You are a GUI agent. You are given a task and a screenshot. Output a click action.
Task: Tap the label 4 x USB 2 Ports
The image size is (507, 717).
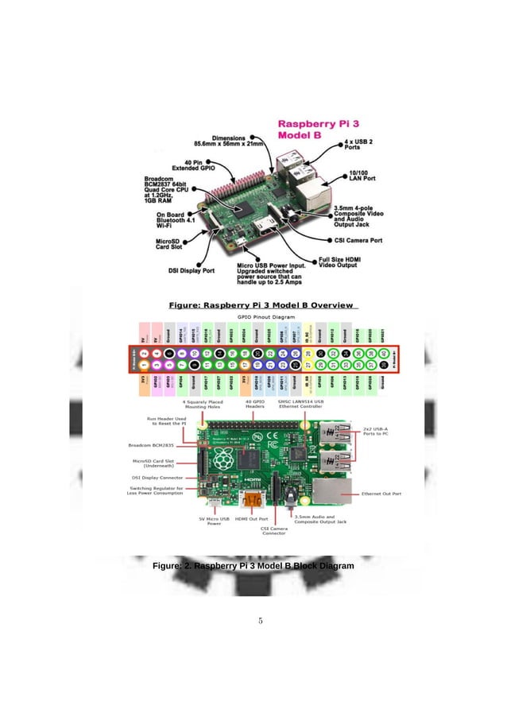tap(359, 145)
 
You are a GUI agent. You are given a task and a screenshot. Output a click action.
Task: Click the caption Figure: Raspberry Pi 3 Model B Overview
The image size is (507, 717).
tap(263, 304)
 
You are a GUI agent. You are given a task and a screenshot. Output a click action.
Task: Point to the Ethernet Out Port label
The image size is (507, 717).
tap(381, 494)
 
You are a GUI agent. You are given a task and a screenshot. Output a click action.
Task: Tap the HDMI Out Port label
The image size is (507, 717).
tap(251, 518)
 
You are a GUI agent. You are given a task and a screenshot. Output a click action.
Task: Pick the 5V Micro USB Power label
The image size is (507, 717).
tap(214, 521)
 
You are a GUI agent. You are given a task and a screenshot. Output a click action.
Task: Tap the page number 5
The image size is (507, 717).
tap(260, 621)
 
